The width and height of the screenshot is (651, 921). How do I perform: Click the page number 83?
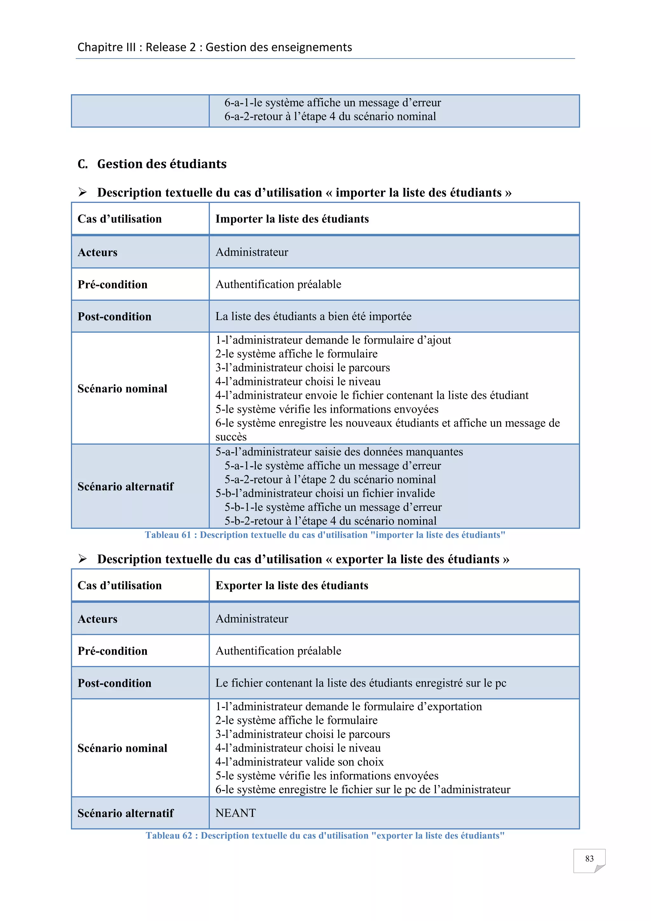pos(589,858)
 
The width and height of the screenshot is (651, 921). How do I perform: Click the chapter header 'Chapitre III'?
pos(106,47)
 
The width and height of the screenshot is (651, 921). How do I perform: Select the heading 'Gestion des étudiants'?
pos(161,164)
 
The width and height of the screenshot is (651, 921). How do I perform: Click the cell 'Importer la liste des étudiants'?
pos(292,219)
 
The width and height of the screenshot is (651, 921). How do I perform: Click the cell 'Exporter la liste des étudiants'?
pos(291,586)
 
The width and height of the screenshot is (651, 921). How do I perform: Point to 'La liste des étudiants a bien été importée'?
pos(313,316)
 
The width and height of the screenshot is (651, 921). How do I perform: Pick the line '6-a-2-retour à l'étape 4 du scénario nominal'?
pos(330,117)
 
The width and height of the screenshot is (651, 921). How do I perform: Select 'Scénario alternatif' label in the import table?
pos(126,487)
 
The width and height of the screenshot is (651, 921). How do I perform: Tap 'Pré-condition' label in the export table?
pos(112,651)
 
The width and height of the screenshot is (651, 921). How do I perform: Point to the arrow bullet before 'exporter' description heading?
pos(83,559)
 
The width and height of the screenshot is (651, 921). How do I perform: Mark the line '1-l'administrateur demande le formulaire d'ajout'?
pos(333,340)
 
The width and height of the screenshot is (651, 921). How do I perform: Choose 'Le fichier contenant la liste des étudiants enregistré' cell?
pos(360,683)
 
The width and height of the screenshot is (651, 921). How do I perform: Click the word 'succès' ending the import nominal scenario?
pos(231,437)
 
